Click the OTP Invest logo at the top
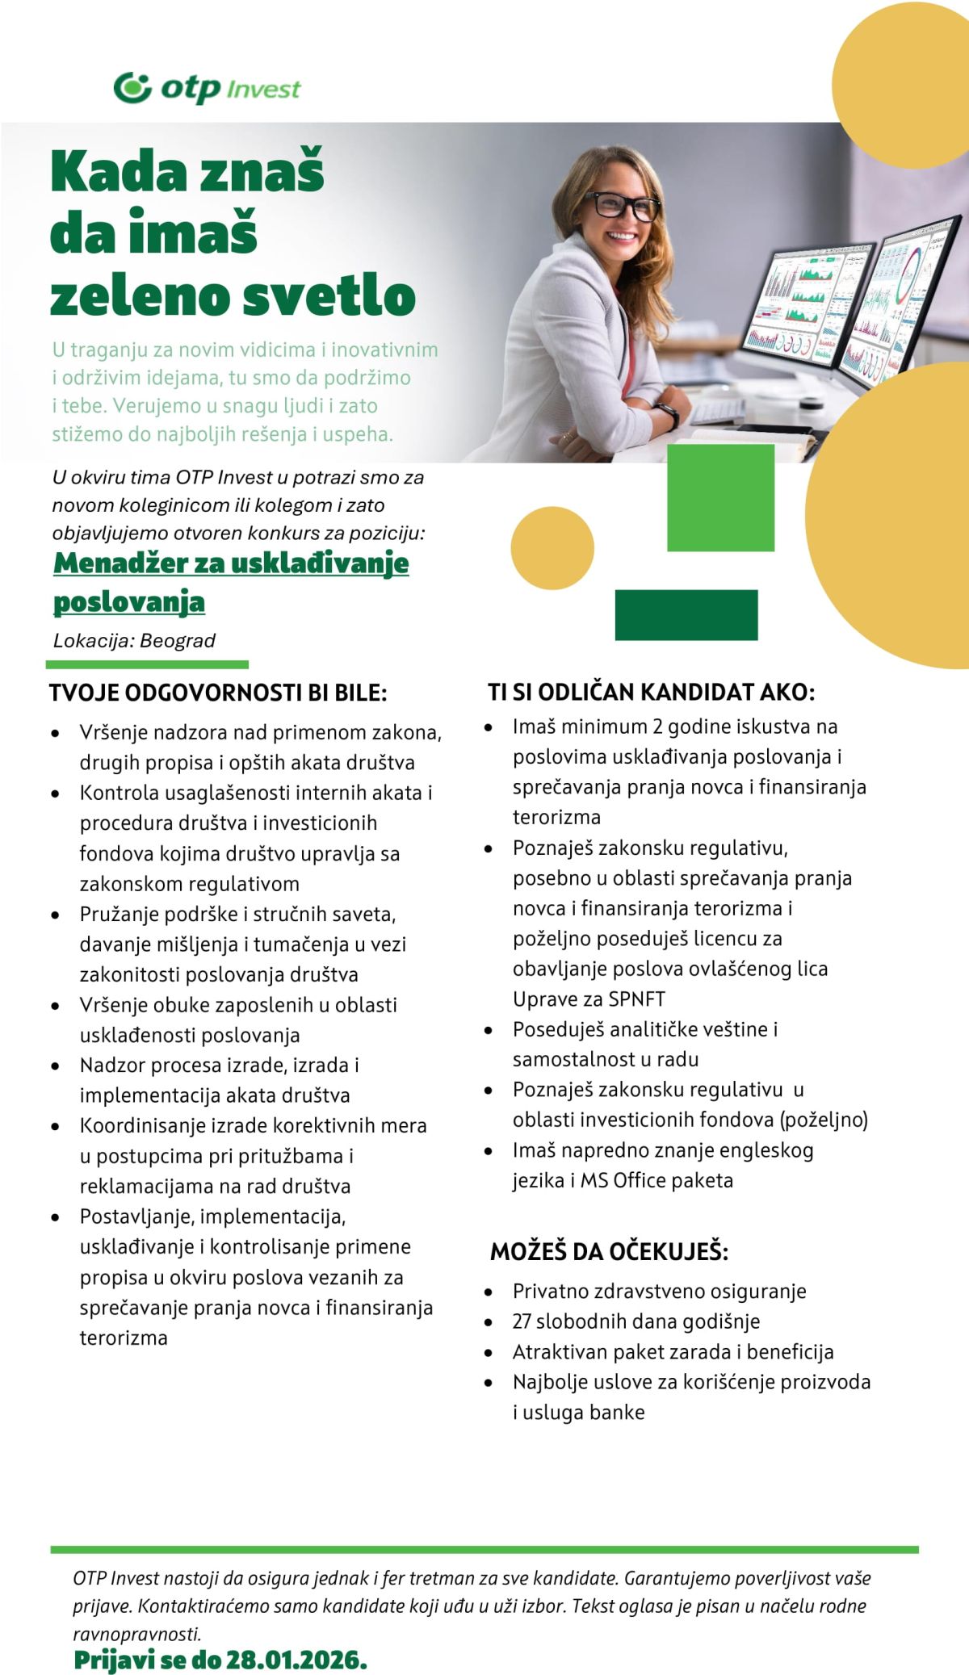207,87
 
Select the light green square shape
720,497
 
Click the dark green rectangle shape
686,615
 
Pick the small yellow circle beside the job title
552,548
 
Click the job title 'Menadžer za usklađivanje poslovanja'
231,581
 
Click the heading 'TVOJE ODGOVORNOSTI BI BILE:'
218,693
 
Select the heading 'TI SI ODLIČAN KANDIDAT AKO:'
651,692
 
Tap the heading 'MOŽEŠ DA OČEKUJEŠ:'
609,1251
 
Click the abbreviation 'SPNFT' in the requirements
637,999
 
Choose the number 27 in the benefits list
522,1321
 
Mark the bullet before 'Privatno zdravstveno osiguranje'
489,1292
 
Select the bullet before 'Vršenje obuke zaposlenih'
55,1006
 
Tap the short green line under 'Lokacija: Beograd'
147,664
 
